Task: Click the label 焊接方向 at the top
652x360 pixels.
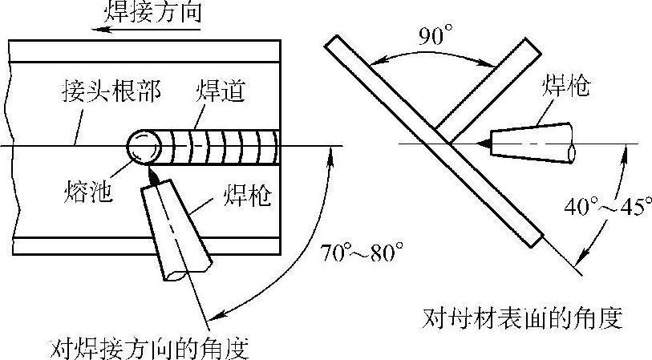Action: [x=152, y=12]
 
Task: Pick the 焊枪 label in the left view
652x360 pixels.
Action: [x=242, y=195]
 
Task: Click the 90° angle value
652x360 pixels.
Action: [x=435, y=35]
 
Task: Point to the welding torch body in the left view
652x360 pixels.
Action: [x=178, y=228]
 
